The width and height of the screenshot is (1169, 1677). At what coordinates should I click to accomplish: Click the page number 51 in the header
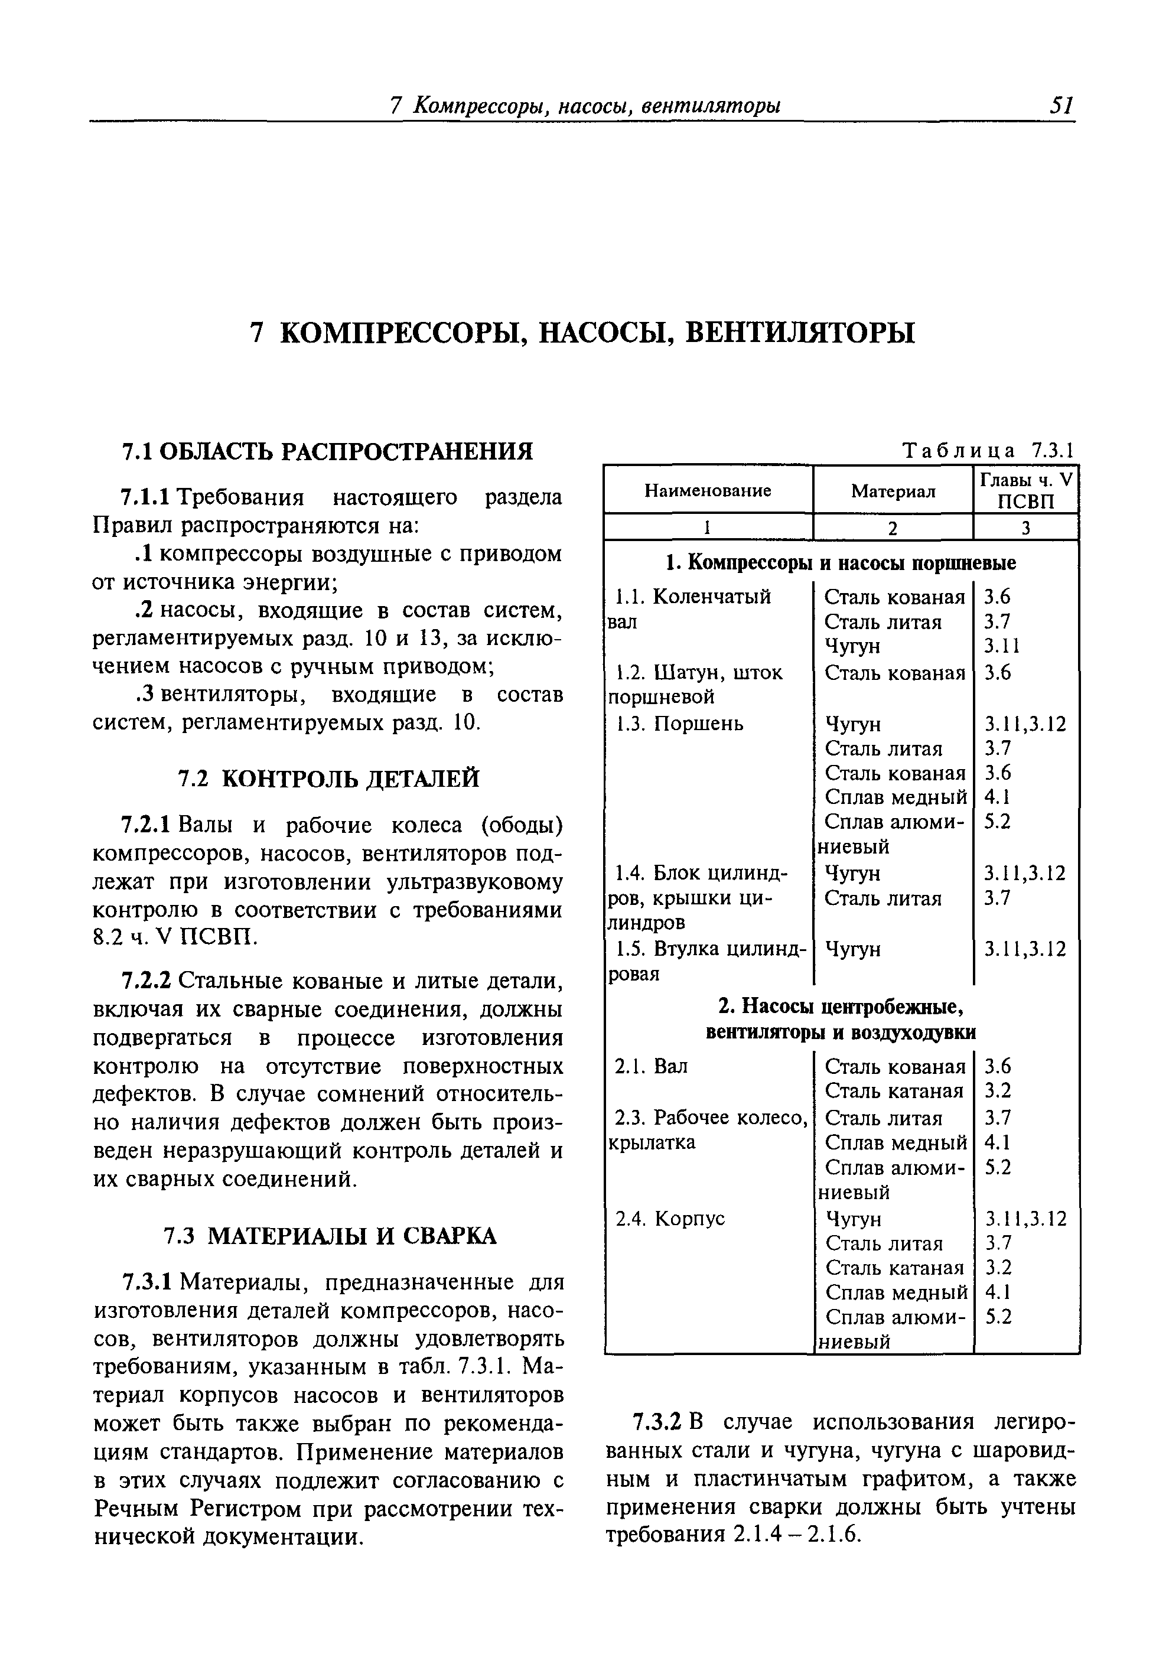[x=1061, y=107]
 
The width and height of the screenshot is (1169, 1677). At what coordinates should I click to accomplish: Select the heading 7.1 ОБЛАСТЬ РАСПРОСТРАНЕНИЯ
[x=327, y=452]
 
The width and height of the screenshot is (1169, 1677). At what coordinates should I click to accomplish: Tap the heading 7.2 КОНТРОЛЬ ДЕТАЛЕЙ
[x=329, y=779]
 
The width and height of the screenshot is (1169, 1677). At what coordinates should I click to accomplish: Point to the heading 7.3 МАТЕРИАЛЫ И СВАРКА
[x=329, y=1236]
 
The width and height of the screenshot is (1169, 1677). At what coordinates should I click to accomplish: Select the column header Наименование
[x=707, y=490]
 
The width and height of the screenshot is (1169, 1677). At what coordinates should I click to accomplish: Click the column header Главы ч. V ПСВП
[x=1026, y=491]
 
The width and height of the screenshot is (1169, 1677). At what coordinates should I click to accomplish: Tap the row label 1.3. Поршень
[x=679, y=724]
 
